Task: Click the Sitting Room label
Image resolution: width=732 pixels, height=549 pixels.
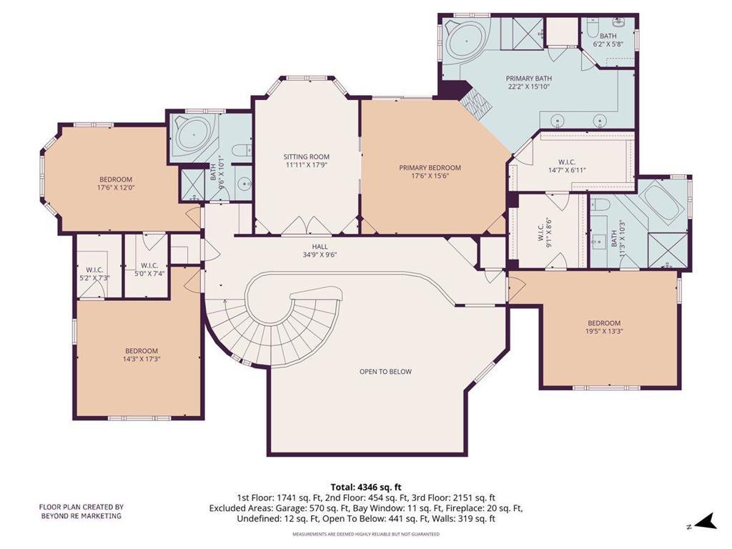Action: coord(306,157)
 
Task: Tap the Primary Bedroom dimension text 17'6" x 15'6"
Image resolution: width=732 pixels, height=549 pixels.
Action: coord(430,176)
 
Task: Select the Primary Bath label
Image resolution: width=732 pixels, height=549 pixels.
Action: coord(528,79)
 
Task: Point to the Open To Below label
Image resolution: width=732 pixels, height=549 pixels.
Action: coord(385,372)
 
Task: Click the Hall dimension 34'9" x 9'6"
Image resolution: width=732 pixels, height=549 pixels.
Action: coord(320,255)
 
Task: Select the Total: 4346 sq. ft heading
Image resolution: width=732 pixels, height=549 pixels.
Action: coord(366,488)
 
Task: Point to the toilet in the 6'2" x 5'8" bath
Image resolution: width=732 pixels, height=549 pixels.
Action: coord(590,28)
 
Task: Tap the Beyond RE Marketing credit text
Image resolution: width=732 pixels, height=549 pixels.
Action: coord(81,511)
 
